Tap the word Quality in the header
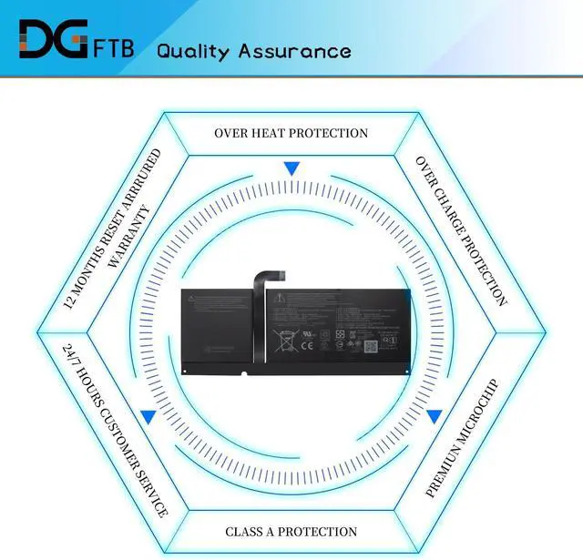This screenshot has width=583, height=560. (x=194, y=50)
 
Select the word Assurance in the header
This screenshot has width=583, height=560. (x=294, y=50)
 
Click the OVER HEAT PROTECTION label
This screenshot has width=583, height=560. (x=291, y=133)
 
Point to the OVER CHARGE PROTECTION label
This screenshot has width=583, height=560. (x=461, y=230)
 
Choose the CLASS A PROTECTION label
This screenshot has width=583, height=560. (x=291, y=531)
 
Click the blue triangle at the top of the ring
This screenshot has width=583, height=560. (x=291, y=168)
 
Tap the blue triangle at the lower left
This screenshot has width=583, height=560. (x=148, y=416)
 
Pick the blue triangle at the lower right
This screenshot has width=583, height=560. (x=435, y=416)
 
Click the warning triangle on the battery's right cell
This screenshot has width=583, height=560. (x=283, y=300)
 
